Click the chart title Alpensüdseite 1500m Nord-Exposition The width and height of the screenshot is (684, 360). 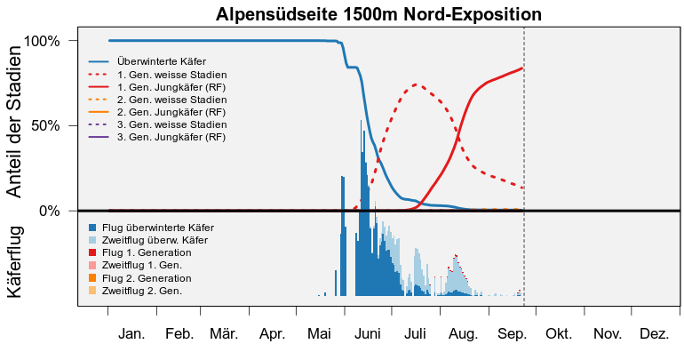pyautogui.click(x=378, y=14)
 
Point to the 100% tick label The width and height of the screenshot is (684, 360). pyautogui.click(x=42, y=42)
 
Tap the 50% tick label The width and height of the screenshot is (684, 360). pyautogui.click(x=45, y=126)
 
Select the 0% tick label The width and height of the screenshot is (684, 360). pyautogui.click(x=49, y=212)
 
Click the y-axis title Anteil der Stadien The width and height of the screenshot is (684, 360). pyautogui.click(x=14, y=122)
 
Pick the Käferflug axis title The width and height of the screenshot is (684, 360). pyautogui.click(x=14, y=262)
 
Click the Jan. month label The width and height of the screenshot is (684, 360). pyautogui.click(x=131, y=334)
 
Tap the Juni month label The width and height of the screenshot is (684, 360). pyautogui.click(x=367, y=334)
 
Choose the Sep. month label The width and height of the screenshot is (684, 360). pyautogui.click(x=513, y=334)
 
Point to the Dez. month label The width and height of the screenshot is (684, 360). pyautogui.click(x=655, y=334)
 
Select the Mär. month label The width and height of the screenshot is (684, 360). pyautogui.click(x=224, y=334)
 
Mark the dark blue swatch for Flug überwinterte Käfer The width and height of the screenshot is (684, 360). pyautogui.click(x=92, y=228)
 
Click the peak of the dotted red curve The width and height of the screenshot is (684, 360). pyautogui.click(x=416, y=84)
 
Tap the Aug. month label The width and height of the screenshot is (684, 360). pyautogui.click(x=464, y=335)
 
